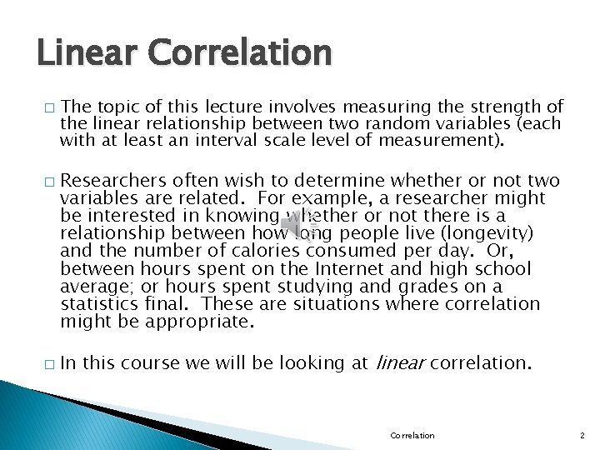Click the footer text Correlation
pyautogui.click(x=412, y=435)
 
